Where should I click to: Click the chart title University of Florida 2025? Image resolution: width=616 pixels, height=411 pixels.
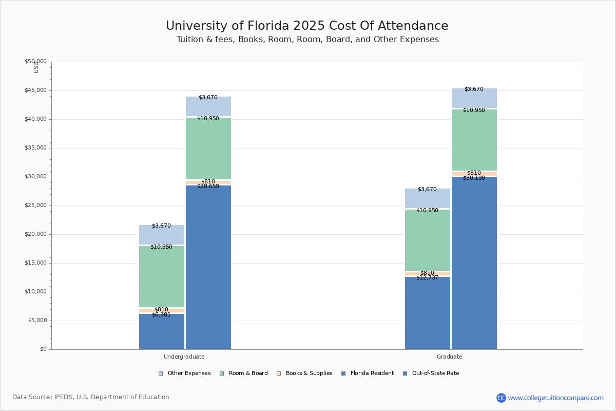click(x=306, y=26)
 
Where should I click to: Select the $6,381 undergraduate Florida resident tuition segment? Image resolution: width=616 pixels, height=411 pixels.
click(x=162, y=331)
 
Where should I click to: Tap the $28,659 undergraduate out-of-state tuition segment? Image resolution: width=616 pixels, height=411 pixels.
click(x=208, y=267)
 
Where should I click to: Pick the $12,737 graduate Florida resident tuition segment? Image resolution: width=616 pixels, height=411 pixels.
click(x=428, y=313)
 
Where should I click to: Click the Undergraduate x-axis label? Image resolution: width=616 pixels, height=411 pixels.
click(x=184, y=357)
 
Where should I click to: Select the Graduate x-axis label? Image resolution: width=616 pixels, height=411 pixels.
click(x=450, y=357)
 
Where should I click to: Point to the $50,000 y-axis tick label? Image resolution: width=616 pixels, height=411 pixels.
click(x=35, y=62)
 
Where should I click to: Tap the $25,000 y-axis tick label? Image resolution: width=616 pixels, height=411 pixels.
click(x=35, y=206)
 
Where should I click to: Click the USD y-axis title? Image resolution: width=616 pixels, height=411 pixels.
click(x=36, y=67)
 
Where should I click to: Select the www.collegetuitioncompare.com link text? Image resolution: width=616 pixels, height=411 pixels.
click(x=555, y=398)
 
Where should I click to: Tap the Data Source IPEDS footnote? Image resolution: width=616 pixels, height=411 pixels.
click(x=91, y=397)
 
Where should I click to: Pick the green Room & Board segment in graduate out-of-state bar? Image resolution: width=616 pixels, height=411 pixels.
click(x=474, y=140)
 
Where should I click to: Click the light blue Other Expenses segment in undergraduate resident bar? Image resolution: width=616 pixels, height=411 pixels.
click(x=162, y=235)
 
